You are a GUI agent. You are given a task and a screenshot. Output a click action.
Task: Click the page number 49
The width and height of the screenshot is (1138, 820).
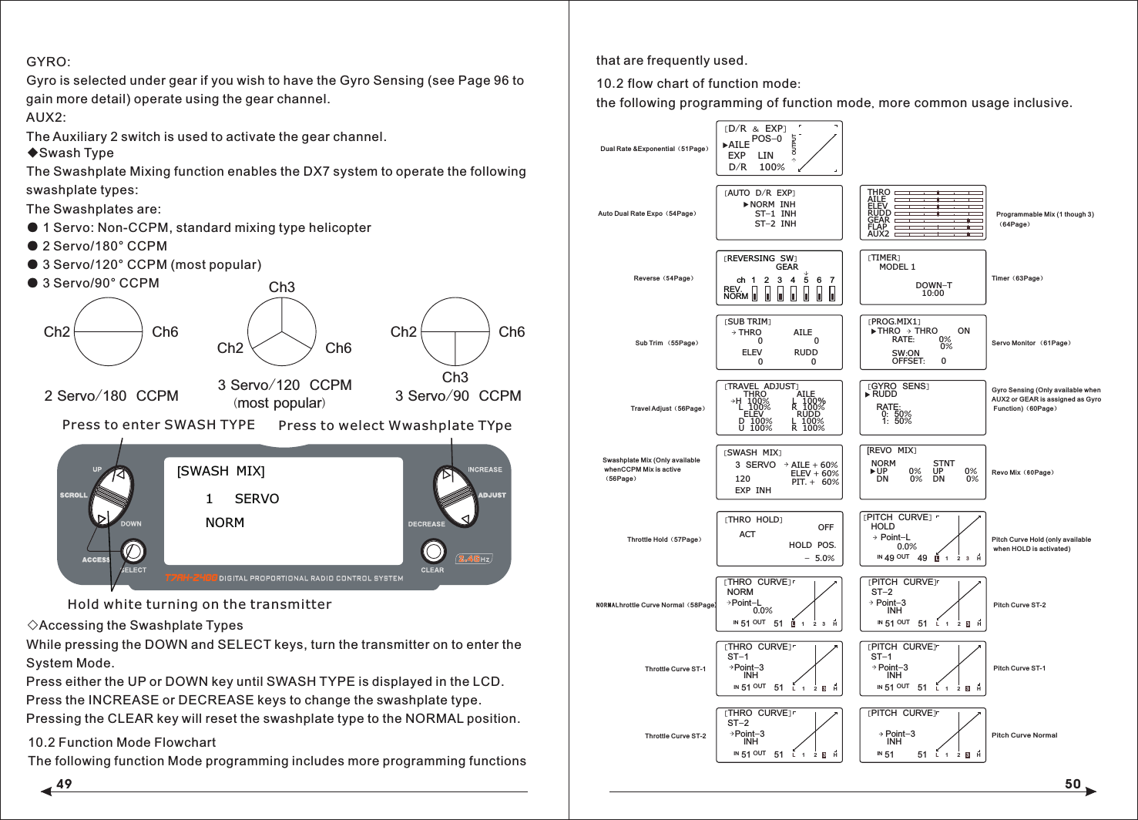tap(64, 784)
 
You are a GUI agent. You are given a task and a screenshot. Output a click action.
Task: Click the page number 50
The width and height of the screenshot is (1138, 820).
tap(1073, 784)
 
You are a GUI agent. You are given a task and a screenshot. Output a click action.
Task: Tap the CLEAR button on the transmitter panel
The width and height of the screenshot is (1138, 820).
tap(433, 551)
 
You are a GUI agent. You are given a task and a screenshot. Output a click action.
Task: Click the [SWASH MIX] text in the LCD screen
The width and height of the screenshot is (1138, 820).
tap(221, 471)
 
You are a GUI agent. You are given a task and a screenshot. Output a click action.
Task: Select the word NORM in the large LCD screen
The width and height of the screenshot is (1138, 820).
tap(225, 523)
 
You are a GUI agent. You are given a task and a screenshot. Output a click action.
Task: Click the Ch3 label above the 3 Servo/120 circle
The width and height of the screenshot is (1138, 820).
tap(281, 287)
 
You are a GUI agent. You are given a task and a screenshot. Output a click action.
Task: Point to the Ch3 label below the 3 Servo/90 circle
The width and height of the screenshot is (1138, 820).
tap(455, 377)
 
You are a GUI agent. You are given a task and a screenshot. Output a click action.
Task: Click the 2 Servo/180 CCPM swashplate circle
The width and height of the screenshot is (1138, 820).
tap(109, 332)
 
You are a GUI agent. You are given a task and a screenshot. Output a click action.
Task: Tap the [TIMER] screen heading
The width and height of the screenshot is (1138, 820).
tap(884, 258)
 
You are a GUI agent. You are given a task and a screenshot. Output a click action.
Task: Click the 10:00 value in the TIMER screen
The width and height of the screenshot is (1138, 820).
tap(933, 294)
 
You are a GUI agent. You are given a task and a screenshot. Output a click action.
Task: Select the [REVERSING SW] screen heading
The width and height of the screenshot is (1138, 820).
tap(760, 259)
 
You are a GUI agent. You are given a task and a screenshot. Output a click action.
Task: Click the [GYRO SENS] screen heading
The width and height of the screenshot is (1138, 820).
tap(898, 386)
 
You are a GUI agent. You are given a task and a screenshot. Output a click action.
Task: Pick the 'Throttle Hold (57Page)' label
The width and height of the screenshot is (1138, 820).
tap(664, 539)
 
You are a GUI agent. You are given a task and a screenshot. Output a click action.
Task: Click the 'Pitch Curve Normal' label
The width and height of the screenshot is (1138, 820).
tap(1024, 735)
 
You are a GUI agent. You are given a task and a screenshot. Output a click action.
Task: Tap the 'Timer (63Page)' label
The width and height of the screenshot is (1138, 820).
tap(1017, 278)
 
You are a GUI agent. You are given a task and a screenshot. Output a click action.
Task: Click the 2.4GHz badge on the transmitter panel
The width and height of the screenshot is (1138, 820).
tap(473, 559)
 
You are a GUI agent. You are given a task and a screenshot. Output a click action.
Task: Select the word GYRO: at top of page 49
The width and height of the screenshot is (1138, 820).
tap(49, 62)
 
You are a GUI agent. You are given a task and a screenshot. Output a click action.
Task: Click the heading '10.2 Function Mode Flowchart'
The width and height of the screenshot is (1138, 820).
tap(122, 742)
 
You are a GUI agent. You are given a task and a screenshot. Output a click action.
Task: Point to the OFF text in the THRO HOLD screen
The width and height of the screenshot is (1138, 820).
tap(825, 527)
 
